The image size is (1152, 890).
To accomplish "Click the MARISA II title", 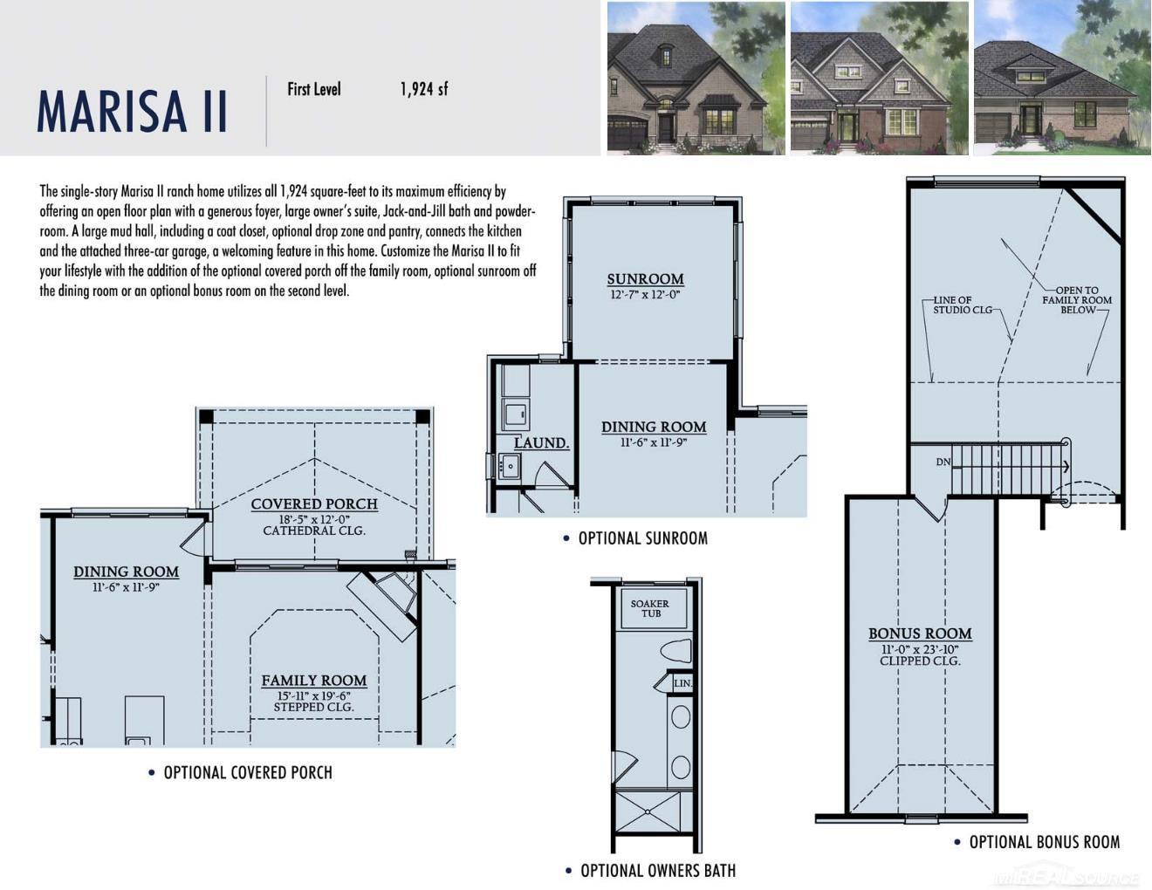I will pos(132,110).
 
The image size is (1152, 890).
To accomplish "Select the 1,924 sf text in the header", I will pos(424,88).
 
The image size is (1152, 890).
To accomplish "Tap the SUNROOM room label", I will pos(645,279).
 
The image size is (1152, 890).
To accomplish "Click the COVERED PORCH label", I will pos(314,503).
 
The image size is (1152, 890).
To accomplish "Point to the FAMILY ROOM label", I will pos(314,681).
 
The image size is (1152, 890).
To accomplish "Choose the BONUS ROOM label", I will pos(920,633).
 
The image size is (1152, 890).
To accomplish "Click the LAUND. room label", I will pos(541,443).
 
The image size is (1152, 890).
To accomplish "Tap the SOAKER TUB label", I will pos(650,608).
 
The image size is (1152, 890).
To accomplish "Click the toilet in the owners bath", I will pos(676,651).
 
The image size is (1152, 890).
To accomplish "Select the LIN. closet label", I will pos(682,683).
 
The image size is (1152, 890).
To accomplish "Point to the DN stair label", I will pos(943,462).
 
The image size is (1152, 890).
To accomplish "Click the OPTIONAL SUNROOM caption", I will pos(642,538).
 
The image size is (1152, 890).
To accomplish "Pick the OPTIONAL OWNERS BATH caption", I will pos(657,871).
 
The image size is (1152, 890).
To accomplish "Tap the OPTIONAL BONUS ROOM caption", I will pos(1044,842).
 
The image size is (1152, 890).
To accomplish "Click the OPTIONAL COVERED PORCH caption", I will pos(247,772).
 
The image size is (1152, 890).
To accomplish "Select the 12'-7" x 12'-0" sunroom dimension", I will pos(645,295).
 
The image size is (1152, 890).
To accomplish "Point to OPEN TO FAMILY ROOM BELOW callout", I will pos(1077,299).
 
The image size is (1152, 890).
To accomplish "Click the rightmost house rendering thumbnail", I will pos(1061,79).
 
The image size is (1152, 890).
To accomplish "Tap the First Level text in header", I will pos(314,88).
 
